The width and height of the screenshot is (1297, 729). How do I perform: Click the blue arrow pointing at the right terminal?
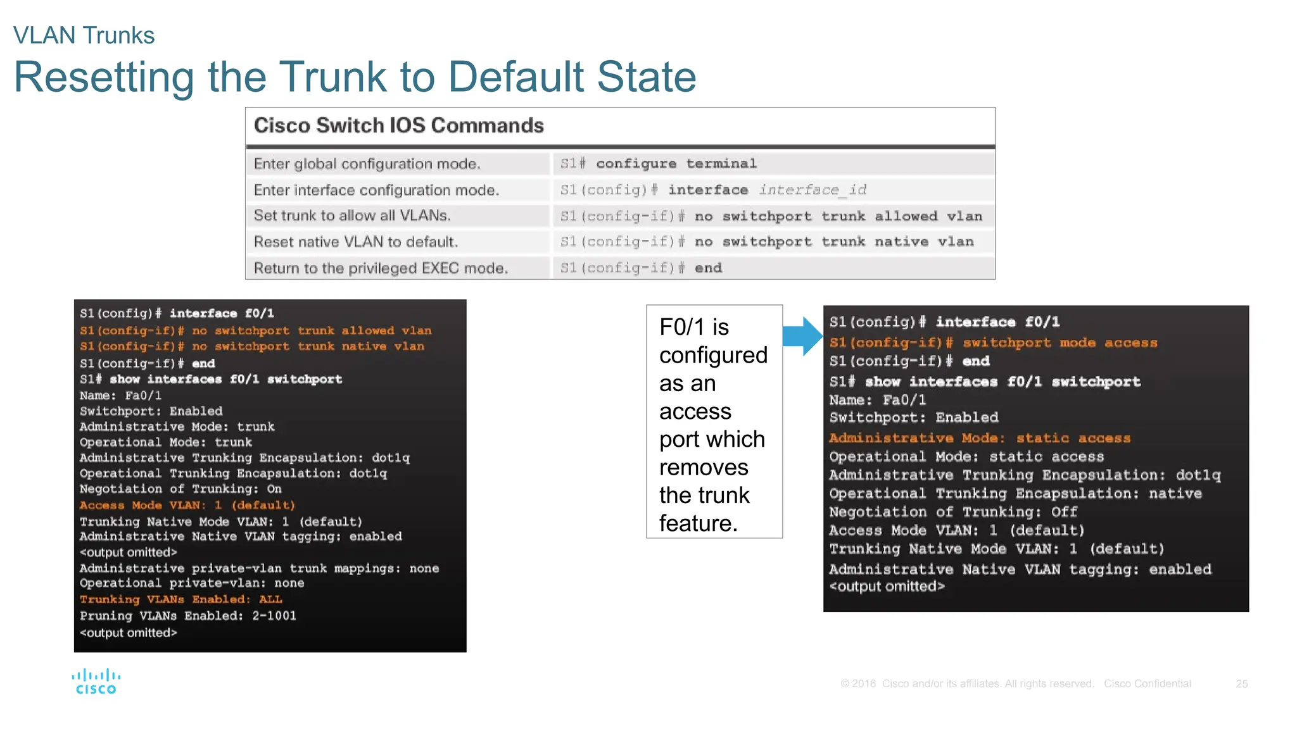(x=802, y=335)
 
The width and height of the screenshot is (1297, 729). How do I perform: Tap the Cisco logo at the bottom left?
(x=96, y=682)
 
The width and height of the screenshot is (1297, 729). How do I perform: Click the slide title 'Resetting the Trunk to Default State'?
(x=355, y=77)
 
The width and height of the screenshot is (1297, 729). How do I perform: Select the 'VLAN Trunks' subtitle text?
(x=84, y=35)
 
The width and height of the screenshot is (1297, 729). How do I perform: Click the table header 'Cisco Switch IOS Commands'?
(x=398, y=125)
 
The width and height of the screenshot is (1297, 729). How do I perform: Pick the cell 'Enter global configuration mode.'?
(x=367, y=164)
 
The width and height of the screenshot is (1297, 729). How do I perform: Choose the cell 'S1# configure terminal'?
(x=659, y=164)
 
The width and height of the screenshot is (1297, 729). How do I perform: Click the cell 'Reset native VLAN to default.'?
(x=356, y=242)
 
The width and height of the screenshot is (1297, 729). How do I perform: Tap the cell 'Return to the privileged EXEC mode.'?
(x=381, y=268)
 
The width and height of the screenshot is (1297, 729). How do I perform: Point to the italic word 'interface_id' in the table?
(x=813, y=190)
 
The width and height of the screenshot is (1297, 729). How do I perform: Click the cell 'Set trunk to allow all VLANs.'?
(x=352, y=216)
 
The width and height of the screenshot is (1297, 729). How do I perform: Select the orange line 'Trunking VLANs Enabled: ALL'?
(x=181, y=599)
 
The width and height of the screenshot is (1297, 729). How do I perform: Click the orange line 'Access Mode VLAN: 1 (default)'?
(x=187, y=505)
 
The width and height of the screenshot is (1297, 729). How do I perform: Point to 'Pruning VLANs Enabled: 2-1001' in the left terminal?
(x=188, y=616)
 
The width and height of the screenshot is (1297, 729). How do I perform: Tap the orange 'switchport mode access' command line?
(x=993, y=342)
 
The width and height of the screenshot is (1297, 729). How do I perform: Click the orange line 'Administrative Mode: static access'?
(x=980, y=438)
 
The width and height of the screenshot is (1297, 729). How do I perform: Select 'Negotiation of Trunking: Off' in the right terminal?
(x=953, y=512)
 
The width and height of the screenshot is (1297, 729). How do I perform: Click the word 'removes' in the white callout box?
(x=704, y=468)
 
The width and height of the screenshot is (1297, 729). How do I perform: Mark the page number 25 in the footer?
(x=1241, y=684)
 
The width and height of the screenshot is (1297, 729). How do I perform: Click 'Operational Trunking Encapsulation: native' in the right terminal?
(x=1015, y=494)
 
